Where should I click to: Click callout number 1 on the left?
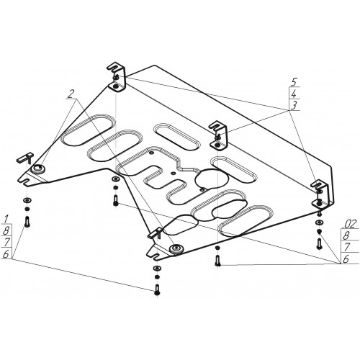(x=6, y=219)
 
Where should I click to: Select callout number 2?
(x=71, y=94)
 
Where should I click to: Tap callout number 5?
(x=294, y=84)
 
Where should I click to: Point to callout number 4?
(x=294, y=94)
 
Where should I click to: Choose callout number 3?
(x=294, y=105)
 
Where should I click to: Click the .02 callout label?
(x=350, y=224)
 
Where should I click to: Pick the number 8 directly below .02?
(x=346, y=235)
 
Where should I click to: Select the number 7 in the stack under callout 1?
(x=7, y=242)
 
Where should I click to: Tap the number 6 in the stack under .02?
(x=346, y=258)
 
